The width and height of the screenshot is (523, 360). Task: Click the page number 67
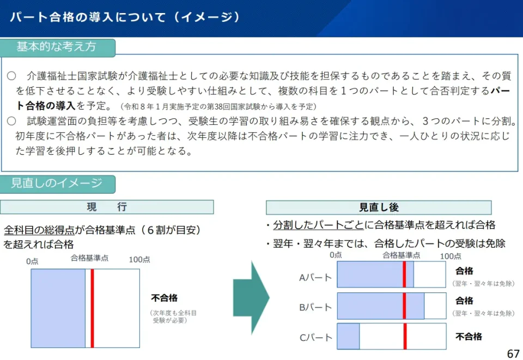[513, 353]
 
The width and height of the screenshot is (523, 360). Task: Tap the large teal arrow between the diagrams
[251, 298]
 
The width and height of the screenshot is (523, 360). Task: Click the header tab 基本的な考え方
[57, 47]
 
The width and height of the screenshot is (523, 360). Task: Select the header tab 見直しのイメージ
[57, 184]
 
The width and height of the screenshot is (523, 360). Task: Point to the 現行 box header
[107, 207]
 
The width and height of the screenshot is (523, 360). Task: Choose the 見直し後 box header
[379, 208]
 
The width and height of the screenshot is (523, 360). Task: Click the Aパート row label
[315, 277]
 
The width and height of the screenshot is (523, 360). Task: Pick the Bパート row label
[315, 307]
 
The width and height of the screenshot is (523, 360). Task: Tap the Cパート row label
[315, 337]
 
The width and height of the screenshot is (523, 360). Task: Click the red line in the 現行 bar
[93, 308]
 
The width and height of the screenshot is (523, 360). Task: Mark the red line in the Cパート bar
[405, 336]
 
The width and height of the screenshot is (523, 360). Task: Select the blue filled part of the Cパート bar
[348, 336]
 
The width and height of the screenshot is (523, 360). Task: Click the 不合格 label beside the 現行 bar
[164, 298]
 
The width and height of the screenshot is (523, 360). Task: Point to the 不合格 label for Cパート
[469, 337]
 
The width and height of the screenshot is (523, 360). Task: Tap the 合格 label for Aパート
[464, 271]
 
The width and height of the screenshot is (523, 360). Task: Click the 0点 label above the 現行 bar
[32, 261]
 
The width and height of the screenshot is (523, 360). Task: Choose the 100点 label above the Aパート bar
[451, 256]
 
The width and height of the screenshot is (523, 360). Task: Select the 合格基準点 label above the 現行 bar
[89, 258]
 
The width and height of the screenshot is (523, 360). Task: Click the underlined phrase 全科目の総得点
[39, 230]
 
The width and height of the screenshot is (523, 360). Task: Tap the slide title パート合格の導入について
[88, 17]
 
